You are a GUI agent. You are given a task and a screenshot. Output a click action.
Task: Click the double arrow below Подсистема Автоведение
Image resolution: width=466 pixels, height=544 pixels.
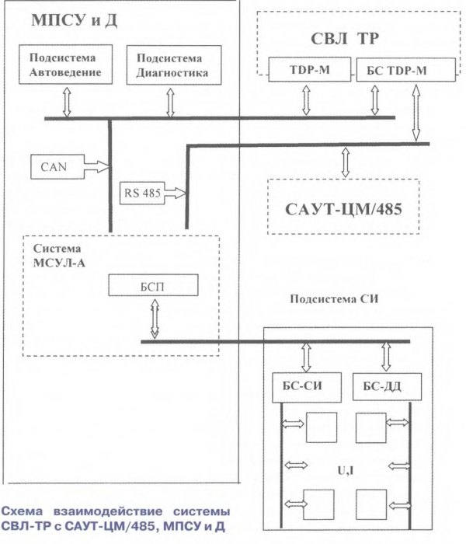click(x=67, y=103)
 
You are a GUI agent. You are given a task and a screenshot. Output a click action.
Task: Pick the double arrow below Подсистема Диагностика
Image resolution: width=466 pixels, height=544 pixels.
click(x=170, y=101)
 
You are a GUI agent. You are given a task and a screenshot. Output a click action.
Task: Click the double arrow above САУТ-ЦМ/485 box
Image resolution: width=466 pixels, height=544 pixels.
click(x=345, y=161)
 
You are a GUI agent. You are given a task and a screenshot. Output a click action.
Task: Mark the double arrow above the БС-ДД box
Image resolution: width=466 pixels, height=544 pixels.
click(x=383, y=356)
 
